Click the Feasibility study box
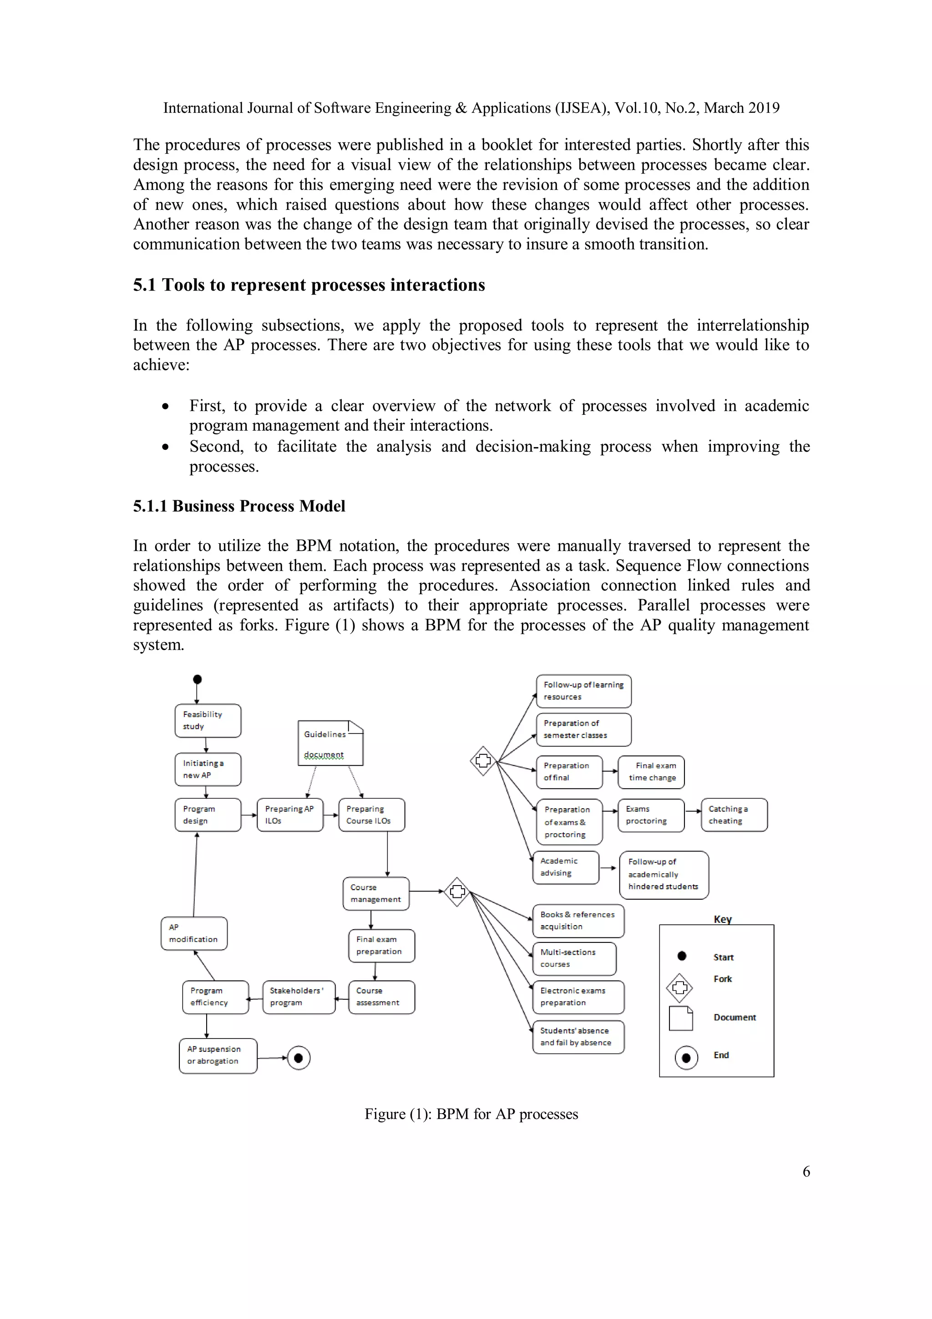pyautogui.click(x=208, y=720)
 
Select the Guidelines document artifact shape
pyautogui.click(x=330, y=743)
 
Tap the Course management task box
pyautogui.click(x=375, y=893)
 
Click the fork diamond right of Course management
pyautogui.click(x=457, y=891)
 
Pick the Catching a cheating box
pyautogui.click(x=734, y=815)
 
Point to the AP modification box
pyautogui.click(x=194, y=933)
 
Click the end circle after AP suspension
pyautogui.click(x=298, y=1058)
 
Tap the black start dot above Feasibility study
pyautogui.click(x=197, y=679)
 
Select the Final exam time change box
pyautogui.click(x=651, y=772)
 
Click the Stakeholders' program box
pyautogui.click(x=299, y=997)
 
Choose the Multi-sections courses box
pyautogui.click(x=574, y=958)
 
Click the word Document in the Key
pyautogui.click(x=734, y=1018)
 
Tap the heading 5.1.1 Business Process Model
pyautogui.click(x=239, y=506)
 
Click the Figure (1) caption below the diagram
pyautogui.click(x=471, y=1114)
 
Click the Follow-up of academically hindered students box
pyautogui.click(x=664, y=874)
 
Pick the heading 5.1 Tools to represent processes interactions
pyautogui.click(x=309, y=285)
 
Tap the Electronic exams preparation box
pyautogui.click(x=578, y=997)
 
